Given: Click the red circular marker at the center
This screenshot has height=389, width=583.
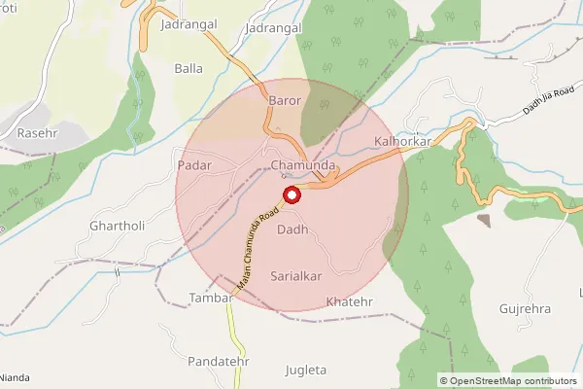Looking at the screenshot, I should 291,195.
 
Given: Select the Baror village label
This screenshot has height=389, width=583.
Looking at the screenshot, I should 286,100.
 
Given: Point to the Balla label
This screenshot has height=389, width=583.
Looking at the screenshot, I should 188,68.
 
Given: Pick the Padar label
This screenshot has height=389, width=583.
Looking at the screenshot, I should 194,166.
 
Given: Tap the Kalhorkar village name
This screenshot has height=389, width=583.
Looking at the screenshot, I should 401,142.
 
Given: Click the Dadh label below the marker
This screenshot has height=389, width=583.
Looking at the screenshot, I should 292,230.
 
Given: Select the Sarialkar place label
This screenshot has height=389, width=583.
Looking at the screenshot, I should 296,276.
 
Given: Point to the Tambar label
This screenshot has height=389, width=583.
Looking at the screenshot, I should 212,297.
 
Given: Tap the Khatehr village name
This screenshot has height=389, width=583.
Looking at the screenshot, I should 350,301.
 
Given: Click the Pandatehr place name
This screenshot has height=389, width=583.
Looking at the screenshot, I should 221,362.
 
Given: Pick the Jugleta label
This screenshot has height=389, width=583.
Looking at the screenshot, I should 306,370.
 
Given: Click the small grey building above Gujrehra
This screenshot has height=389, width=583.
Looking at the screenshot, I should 484,220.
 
